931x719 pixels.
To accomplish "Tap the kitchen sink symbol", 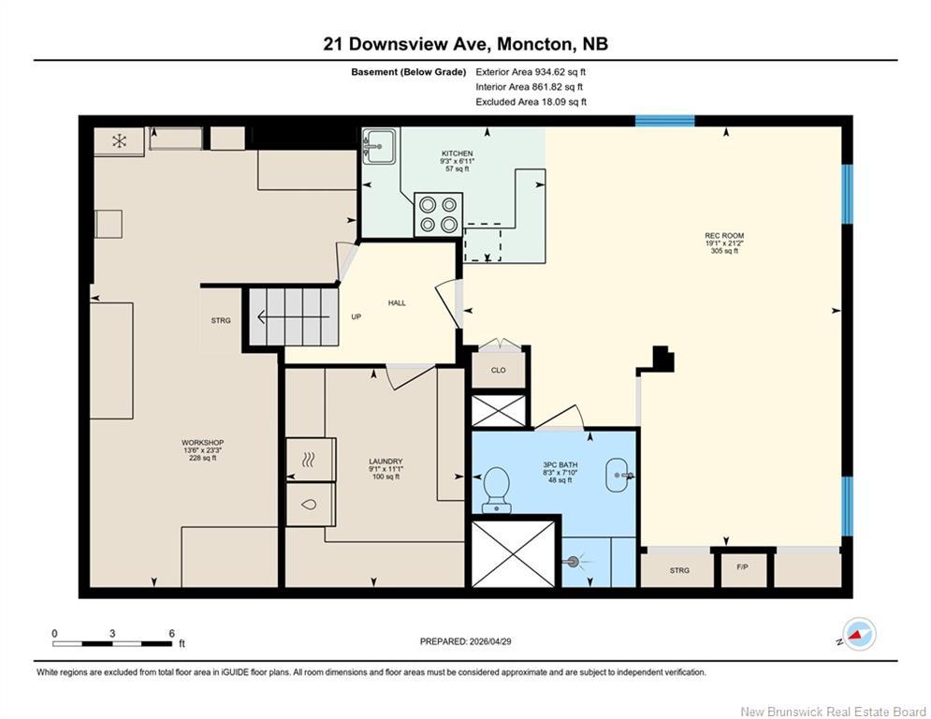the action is (379, 146).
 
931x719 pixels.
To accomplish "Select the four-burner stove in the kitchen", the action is (438, 214).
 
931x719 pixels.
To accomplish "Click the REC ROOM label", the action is (724, 235).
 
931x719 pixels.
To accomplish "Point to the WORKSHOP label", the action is (202, 443).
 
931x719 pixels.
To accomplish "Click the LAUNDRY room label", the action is (385, 462).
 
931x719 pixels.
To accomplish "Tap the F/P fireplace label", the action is (742, 567).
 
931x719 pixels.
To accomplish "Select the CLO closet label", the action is (498, 370).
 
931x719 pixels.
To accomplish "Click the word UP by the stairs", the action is (356, 316).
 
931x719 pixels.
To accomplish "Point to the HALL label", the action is (398, 303).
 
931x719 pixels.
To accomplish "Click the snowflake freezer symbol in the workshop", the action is (120, 140).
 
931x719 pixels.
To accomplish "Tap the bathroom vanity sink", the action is (620, 476).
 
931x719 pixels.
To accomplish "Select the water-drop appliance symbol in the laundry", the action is (309, 505).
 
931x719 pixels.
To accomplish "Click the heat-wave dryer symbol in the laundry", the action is (310, 460).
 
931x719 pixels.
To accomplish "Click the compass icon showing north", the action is (859, 634).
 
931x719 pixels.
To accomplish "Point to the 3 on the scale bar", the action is (112, 634).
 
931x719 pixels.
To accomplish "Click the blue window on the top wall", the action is (665, 121).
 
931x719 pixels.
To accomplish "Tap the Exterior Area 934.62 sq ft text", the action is (531, 72).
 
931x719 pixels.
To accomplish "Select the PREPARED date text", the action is (466, 641).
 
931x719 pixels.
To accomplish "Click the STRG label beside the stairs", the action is (221, 321).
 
